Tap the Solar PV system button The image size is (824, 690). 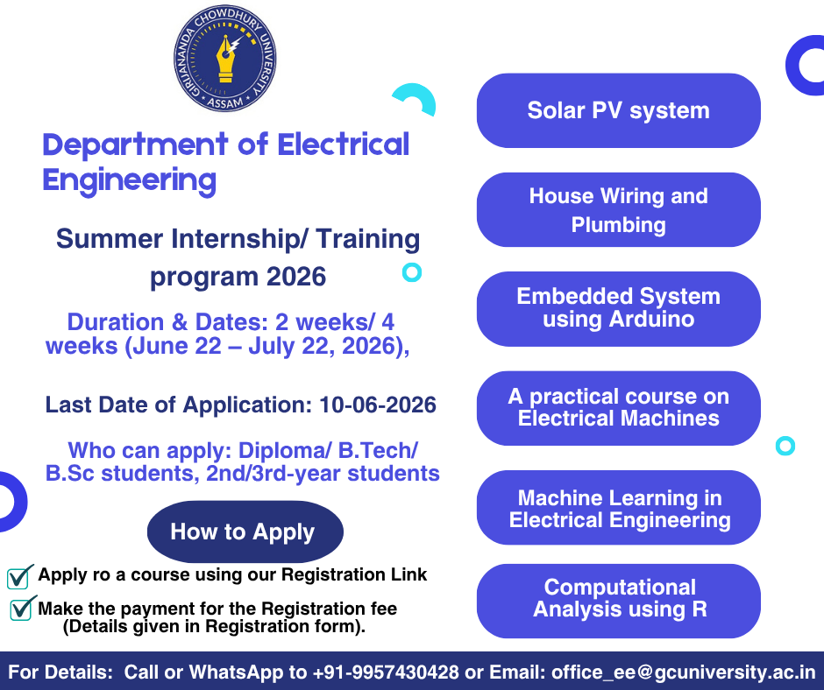pos(618,110)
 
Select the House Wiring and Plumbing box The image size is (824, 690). pos(618,210)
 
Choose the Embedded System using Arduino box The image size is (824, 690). pos(618,308)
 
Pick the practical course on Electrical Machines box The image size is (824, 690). pos(618,408)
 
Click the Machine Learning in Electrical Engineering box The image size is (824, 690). pos(618,509)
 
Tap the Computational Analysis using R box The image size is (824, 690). pos(618,599)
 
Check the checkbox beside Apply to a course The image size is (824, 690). pos(19,576)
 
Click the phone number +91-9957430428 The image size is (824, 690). pos(386,672)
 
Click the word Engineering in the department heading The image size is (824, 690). pos(129,180)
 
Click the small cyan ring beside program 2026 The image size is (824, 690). pos(411,272)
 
